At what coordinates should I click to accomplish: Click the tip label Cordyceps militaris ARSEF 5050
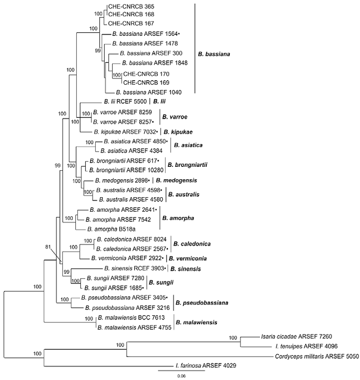[x=314, y=357]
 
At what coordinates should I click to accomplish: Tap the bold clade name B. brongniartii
[x=187, y=164]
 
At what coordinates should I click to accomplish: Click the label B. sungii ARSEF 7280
[x=114, y=279]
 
